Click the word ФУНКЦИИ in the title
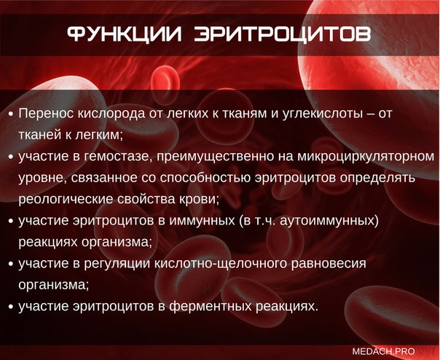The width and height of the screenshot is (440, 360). coord(125,34)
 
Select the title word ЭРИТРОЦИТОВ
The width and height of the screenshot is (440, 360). coord(283,36)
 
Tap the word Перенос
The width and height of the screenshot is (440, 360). coord(46,114)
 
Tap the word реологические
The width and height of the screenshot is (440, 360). coord(66,200)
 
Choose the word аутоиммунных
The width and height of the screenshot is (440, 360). coord(329,220)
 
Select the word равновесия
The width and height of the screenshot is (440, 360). coord(329,264)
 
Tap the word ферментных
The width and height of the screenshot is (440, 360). coord(211,307)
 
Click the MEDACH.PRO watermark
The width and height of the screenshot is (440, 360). coord(384,351)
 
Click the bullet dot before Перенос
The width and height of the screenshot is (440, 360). coord(11,114)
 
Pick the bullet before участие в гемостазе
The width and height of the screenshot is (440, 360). coord(11,157)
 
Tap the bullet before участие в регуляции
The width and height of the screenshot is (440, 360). coord(11,265)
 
